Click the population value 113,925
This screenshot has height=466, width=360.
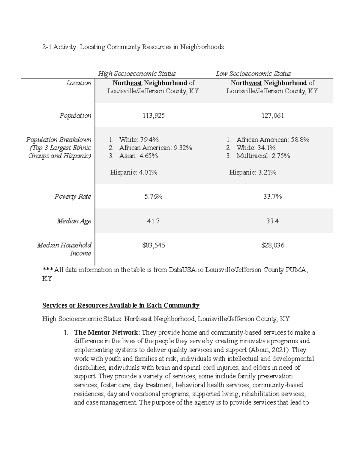[x=153, y=116]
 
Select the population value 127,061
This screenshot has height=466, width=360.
[x=272, y=116]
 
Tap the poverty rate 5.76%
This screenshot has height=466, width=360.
[x=153, y=197]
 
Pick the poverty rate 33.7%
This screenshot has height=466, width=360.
[x=272, y=197]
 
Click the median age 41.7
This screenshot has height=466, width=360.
[x=153, y=221]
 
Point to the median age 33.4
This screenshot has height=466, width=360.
[x=272, y=221]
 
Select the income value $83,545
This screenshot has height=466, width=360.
[x=153, y=245]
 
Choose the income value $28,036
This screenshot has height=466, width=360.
[x=272, y=245]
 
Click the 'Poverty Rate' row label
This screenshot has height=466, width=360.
[x=73, y=197]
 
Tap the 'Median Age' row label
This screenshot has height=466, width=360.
[x=74, y=221]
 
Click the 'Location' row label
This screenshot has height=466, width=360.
[x=79, y=83]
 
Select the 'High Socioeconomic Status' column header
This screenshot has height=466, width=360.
[x=137, y=74]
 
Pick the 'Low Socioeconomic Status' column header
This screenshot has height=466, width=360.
[x=253, y=74]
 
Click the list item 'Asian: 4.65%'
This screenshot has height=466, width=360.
[x=138, y=156]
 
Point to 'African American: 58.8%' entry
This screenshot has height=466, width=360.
[x=273, y=140]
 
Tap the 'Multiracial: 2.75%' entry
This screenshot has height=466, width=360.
[x=263, y=156]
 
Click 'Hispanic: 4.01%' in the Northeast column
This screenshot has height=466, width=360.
[x=134, y=172]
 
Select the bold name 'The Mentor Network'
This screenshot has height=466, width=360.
[x=106, y=332]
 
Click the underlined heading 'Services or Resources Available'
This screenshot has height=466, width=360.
[x=121, y=305]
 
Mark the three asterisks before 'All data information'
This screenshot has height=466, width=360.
[x=47, y=270]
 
